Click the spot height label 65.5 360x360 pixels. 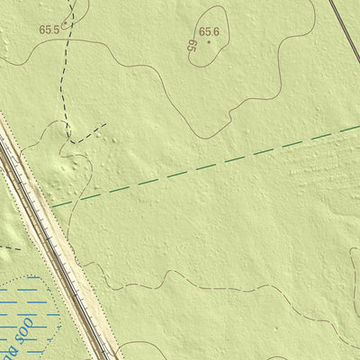point(49,29)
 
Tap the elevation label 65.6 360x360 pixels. point(210,31)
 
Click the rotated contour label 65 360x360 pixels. point(191,46)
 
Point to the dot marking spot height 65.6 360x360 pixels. point(210,41)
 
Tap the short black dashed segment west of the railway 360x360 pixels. point(9,246)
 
